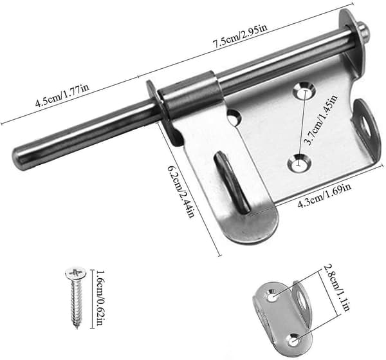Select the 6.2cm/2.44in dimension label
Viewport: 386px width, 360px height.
coord(181,192)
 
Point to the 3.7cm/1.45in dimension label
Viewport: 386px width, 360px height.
coord(321,120)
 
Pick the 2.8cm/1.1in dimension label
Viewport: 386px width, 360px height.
coord(336,288)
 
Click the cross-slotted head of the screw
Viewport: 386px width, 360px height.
coord(76,273)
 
